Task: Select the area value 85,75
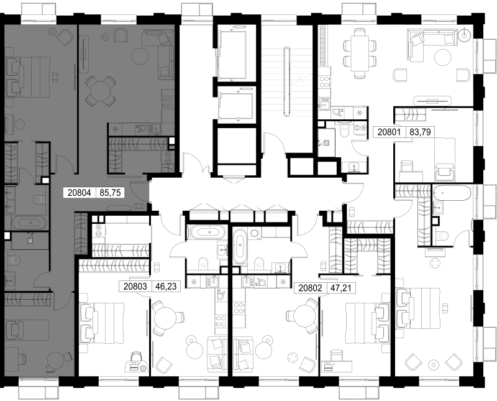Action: (x=110, y=193)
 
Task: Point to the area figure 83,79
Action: (x=421, y=132)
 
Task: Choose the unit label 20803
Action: (x=135, y=287)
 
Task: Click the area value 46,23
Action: (x=166, y=287)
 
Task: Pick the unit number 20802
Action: (x=311, y=288)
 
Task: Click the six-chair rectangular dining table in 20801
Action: (x=360, y=53)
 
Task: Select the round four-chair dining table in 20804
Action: (x=100, y=91)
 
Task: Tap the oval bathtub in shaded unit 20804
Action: (x=29, y=222)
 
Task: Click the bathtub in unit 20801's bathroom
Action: (x=453, y=193)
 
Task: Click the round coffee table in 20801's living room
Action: (x=442, y=58)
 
